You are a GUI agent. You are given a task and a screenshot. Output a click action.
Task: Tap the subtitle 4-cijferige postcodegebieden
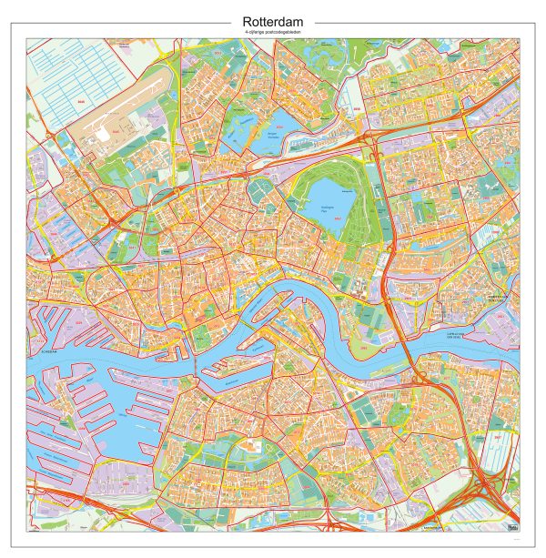click(x=272, y=32)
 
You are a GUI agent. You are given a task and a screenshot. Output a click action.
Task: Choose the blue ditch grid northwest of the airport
click(x=73, y=73)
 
